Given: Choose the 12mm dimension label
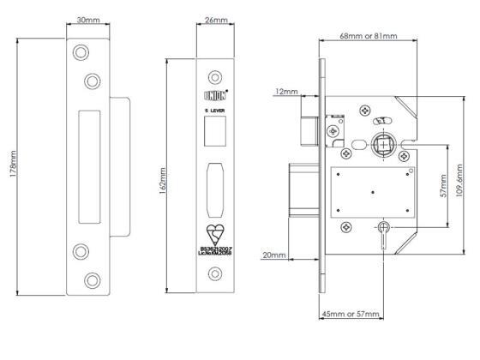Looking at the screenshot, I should (286, 91).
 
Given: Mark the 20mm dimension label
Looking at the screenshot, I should (275, 255).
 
